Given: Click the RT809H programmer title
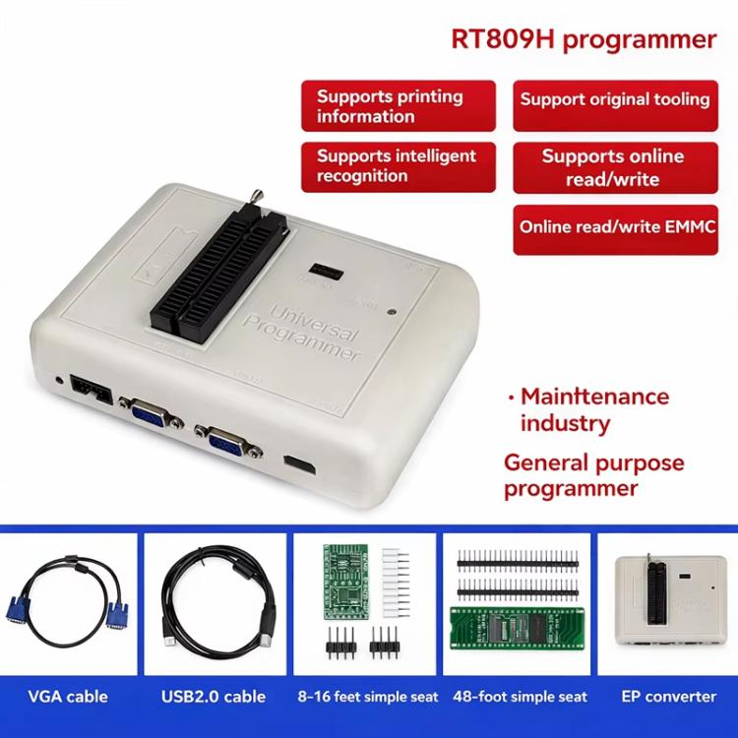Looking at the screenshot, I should (583, 39).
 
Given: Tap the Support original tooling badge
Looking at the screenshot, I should (615, 99).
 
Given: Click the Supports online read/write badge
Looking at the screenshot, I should (615, 167).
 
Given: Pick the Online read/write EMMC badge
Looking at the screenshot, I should (615, 226).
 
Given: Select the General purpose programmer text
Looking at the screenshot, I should (580, 475).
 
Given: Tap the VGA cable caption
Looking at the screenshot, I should (68, 697).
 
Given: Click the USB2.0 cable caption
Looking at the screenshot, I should (213, 697).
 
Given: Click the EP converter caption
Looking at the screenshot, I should (668, 697).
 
